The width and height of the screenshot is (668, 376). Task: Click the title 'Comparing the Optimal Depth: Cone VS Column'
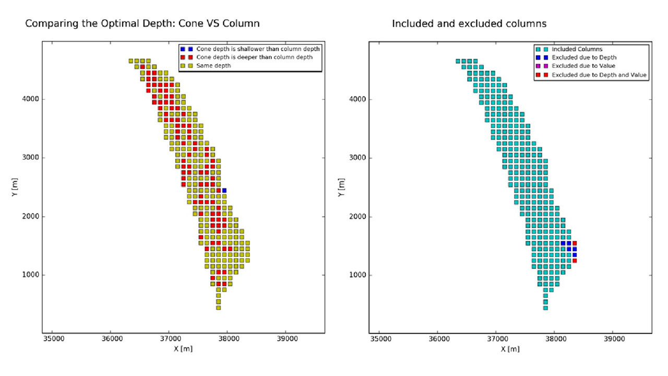142,23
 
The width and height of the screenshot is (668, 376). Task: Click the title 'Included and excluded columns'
470,23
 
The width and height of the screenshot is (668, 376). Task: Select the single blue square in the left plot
224,190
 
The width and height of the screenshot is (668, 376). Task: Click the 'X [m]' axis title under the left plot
183,349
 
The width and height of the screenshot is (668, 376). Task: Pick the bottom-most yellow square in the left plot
218,308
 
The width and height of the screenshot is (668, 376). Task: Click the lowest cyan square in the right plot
545,308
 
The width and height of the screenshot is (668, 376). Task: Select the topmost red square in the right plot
575,243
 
